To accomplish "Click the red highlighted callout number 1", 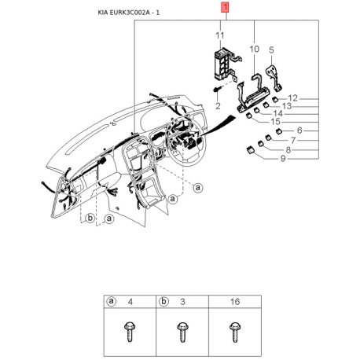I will [x=226, y=9].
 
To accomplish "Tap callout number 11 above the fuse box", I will [x=221, y=36].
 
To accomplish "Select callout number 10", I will [x=254, y=49].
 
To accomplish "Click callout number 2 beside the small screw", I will [x=217, y=105].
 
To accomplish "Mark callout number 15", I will [x=275, y=122].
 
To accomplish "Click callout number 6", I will [x=299, y=129].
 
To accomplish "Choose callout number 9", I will [x=283, y=159].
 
